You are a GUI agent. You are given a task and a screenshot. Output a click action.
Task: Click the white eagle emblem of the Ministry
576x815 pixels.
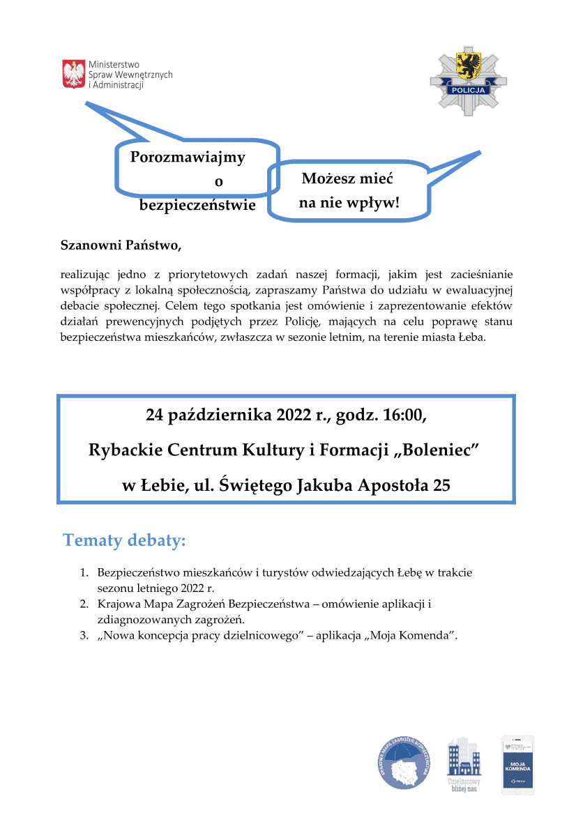[74, 74]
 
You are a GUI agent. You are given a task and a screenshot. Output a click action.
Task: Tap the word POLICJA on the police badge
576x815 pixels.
[468, 90]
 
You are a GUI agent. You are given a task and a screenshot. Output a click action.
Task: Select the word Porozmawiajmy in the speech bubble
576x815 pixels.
[188, 158]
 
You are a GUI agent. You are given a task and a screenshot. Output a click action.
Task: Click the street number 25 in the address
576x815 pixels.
[441, 485]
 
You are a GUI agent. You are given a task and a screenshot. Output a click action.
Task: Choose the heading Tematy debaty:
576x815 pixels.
[124, 540]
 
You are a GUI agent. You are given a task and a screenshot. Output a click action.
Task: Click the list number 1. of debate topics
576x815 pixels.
[83, 573]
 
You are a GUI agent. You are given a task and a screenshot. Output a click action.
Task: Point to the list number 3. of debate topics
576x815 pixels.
[83, 636]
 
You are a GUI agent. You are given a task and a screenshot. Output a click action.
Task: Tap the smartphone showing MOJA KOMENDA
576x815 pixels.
[517, 765]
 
